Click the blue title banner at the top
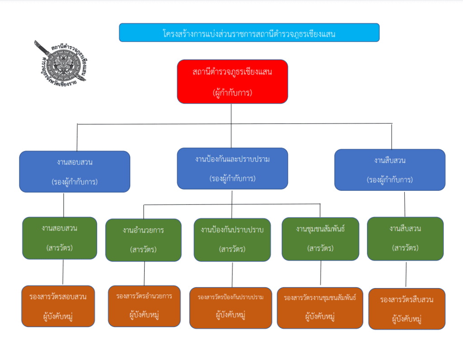pyautogui.click(x=249, y=33)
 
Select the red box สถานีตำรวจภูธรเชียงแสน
pyautogui.click(x=232, y=81)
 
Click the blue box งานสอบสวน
pyautogui.click(x=75, y=171)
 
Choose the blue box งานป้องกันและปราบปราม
pyautogui.click(x=232, y=168)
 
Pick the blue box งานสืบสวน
pyautogui.click(x=390, y=170)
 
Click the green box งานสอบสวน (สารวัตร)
pyautogui.click(x=60, y=238)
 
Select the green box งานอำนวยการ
pyautogui.click(x=143, y=240)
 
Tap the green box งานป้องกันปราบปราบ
pyautogui.click(x=232, y=240)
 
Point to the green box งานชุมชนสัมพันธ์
pyautogui.click(x=321, y=239)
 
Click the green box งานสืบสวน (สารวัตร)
pyautogui.click(x=405, y=238)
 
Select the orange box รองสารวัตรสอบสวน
pyautogui.click(x=58, y=306)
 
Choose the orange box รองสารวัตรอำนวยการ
pyautogui.click(x=144, y=306)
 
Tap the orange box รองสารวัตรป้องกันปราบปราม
pyautogui.click(x=231, y=308)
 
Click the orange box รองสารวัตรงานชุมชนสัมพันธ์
pyautogui.click(x=320, y=308)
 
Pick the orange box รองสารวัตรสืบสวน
pyautogui.click(x=407, y=309)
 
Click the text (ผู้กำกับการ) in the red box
pyautogui.click(x=232, y=93)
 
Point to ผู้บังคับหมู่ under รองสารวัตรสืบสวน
pyautogui.click(x=407, y=319)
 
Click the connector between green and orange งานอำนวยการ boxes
pyautogui.click(x=144, y=274)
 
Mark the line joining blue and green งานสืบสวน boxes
pyautogui.click(x=405, y=204)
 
